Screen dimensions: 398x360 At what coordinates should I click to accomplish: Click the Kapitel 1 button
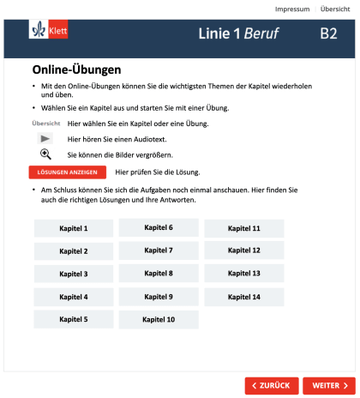tap(74, 229)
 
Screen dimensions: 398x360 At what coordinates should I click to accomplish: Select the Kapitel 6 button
tap(159, 228)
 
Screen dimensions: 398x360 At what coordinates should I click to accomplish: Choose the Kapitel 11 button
tap(243, 229)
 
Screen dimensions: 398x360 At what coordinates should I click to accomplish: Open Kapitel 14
tap(243, 297)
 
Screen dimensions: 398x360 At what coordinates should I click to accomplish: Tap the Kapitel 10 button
tap(159, 319)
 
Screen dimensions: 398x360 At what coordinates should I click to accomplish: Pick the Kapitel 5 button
tap(74, 319)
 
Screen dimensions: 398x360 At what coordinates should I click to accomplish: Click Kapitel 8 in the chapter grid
tap(159, 274)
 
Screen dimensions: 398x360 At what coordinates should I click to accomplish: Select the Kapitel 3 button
tap(74, 274)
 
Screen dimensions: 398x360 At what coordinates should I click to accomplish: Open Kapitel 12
tap(243, 250)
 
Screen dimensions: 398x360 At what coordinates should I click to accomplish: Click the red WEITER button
tap(328, 385)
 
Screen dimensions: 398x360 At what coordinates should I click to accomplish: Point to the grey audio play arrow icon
tap(46, 139)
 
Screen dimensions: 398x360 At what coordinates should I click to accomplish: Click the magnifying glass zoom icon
tap(46, 154)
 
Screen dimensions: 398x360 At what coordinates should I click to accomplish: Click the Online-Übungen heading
tap(76, 69)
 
